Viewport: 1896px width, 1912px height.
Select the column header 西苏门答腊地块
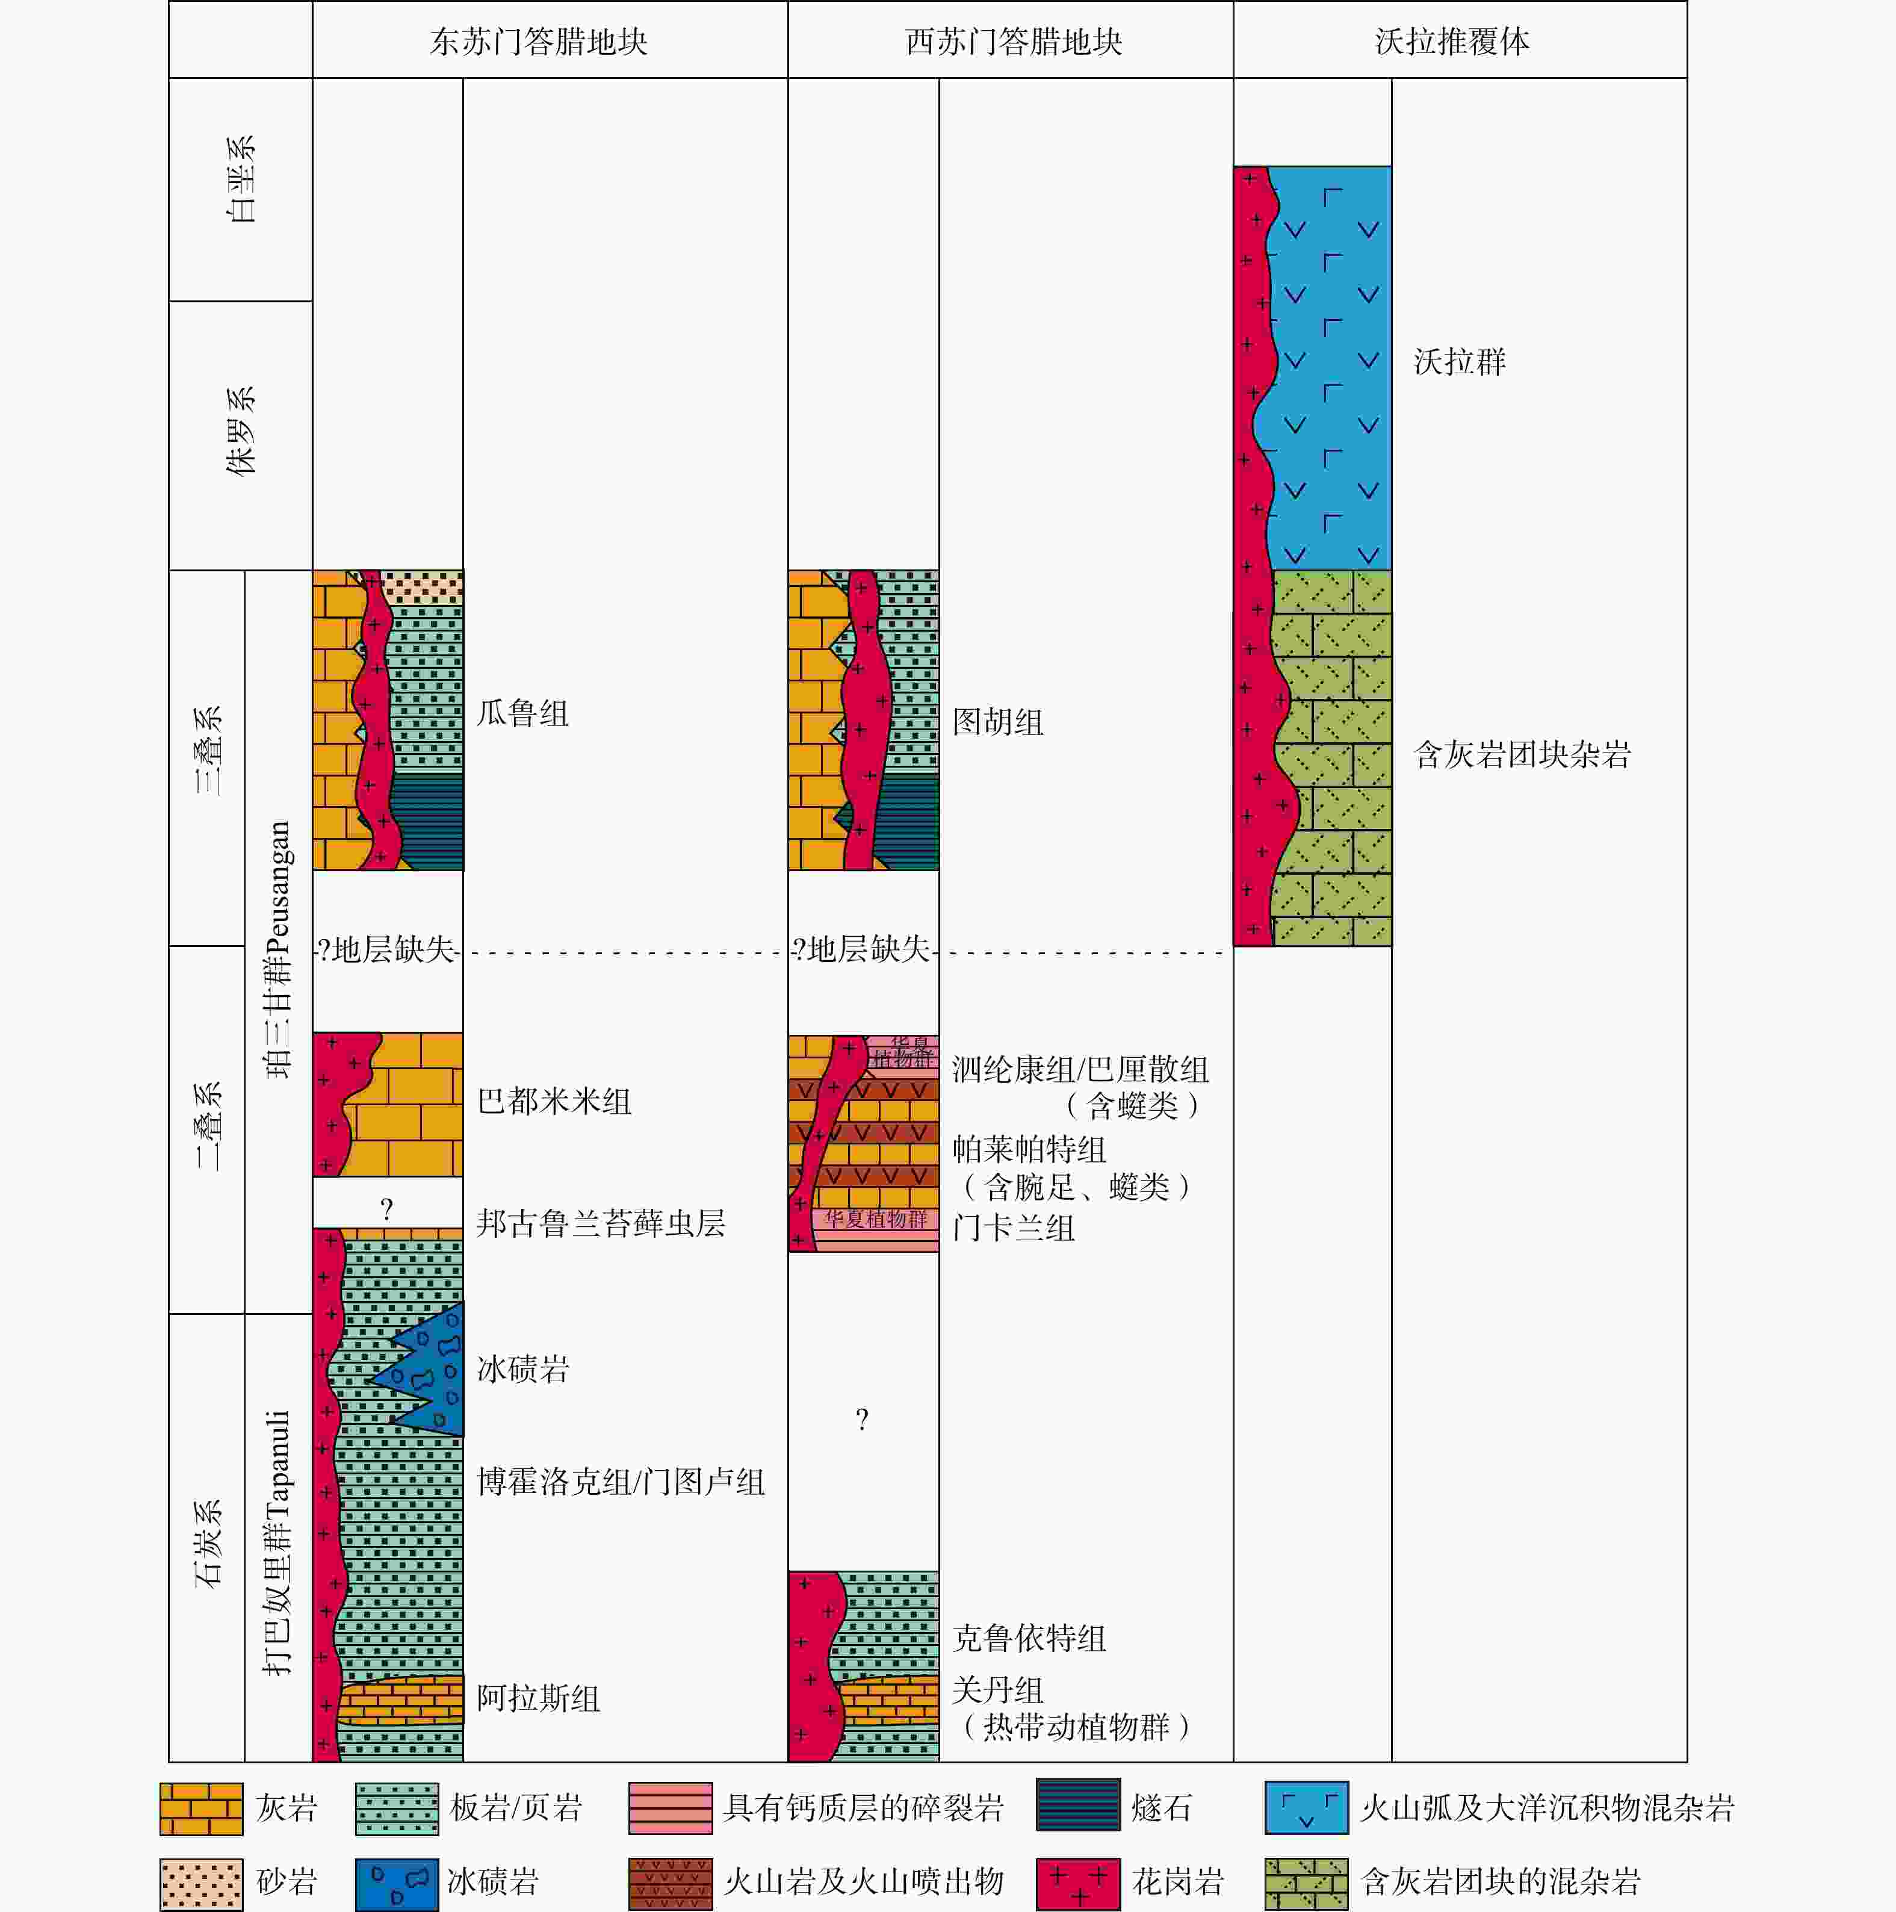(x=1014, y=42)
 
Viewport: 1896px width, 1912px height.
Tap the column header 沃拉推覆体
(x=1452, y=42)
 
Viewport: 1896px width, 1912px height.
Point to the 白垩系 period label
(x=241, y=179)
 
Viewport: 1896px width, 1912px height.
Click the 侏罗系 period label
(x=241, y=432)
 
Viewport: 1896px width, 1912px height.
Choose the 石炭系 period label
(x=208, y=1544)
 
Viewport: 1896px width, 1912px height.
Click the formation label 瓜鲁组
(x=522, y=713)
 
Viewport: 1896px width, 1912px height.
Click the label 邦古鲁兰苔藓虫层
(x=601, y=1224)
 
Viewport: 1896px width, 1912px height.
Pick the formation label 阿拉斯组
(x=538, y=1698)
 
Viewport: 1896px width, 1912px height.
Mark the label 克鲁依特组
(x=1029, y=1638)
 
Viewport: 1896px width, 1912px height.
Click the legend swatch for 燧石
(x=1077, y=1807)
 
